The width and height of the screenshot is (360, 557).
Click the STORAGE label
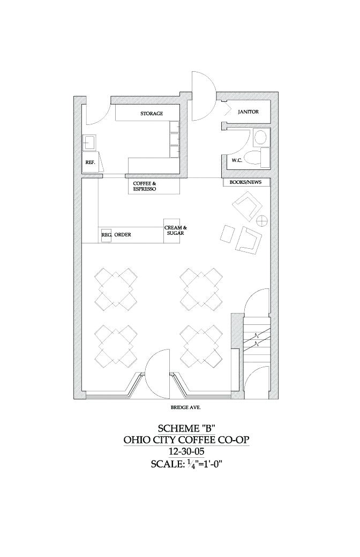152,114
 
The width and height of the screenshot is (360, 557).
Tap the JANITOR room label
248,112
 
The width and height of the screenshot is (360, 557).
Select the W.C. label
238,160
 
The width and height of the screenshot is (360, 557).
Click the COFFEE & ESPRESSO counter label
145,186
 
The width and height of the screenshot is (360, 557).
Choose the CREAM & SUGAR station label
175,231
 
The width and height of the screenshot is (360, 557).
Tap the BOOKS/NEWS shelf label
245,182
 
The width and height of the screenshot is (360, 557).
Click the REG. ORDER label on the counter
116,235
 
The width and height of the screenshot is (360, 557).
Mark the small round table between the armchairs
262,220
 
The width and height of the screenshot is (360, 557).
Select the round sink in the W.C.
261,137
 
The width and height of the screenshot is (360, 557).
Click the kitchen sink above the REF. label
88,143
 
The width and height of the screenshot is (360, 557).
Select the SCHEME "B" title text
186,428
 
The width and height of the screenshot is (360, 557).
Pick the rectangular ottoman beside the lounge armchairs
227,235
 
